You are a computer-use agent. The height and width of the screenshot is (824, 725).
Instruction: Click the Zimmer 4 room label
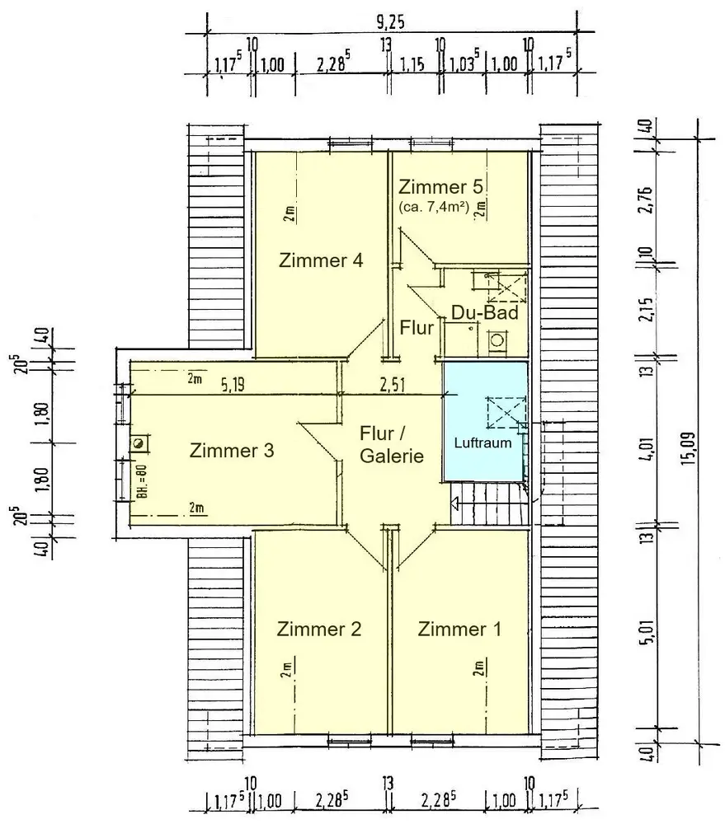[x=321, y=260]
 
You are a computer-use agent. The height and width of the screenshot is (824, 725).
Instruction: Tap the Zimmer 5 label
[x=440, y=186]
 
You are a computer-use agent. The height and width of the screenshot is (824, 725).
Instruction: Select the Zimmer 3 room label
[x=232, y=451]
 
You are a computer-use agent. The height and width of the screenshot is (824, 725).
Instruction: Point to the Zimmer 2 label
[x=319, y=629]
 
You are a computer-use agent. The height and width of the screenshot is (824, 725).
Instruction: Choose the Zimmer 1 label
[x=459, y=629]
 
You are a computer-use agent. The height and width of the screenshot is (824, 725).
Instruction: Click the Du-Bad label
[x=485, y=312]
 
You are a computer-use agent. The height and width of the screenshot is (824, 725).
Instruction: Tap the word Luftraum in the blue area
[x=483, y=443]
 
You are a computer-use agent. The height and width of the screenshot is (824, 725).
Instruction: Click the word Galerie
[x=392, y=456]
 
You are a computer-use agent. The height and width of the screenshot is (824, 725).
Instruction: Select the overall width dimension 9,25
[x=390, y=23]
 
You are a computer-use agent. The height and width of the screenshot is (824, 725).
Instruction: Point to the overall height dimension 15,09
[x=688, y=448]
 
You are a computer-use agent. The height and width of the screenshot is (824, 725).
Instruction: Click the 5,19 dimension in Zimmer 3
[x=232, y=385]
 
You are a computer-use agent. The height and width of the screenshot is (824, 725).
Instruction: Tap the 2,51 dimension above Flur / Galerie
[x=393, y=385]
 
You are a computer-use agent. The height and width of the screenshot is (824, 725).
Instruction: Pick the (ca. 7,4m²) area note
[x=434, y=207]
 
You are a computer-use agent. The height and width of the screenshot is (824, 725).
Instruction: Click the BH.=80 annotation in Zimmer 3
[x=141, y=482]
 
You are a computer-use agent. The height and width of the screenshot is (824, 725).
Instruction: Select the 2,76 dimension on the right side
[x=647, y=199]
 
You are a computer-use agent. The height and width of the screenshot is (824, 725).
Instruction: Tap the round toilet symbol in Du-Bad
[x=497, y=340]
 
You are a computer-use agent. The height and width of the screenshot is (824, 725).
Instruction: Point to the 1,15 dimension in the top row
[x=412, y=65]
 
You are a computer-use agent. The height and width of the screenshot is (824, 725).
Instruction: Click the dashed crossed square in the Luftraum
[x=506, y=413]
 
